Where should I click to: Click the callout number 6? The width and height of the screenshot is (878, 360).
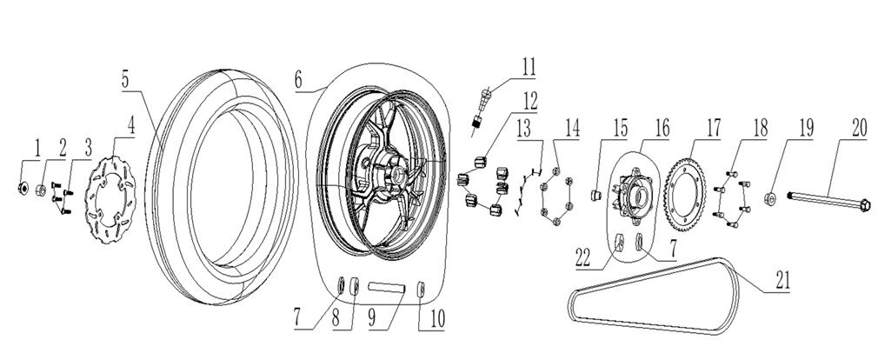(x=298, y=79)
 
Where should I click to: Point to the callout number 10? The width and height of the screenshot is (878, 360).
(x=428, y=319)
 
